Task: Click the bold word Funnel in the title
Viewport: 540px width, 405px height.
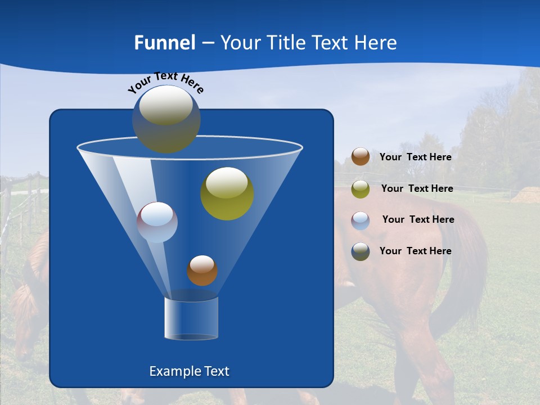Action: point(164,43)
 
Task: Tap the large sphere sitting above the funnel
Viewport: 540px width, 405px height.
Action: point(166,119)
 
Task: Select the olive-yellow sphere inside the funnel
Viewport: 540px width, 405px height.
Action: point(227,193)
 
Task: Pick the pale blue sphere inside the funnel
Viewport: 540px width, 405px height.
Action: point(157,222)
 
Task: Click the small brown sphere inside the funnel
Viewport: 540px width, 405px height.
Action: point(202,271)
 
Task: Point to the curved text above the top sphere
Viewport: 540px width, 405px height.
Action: point(165,82)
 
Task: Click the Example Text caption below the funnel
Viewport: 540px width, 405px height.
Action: point(189,371)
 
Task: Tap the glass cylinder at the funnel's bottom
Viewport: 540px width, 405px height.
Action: point(191,318)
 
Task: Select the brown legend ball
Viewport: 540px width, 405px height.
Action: point(361,157)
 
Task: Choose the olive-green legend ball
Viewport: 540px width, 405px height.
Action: point(361,189)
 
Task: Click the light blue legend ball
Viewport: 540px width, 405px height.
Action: point(361,220)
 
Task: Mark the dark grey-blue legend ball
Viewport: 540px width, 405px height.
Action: point(361,251)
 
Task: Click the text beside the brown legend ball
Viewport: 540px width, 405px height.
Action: point(415,157)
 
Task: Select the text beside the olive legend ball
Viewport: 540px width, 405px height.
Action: point(417,189)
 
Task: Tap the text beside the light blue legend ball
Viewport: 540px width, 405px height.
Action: point(418,220)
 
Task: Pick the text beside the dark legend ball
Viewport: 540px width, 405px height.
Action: point(415,251)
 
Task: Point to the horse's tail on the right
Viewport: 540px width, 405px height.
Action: point(470,264)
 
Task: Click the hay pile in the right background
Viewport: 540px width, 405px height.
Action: point(526,195)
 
